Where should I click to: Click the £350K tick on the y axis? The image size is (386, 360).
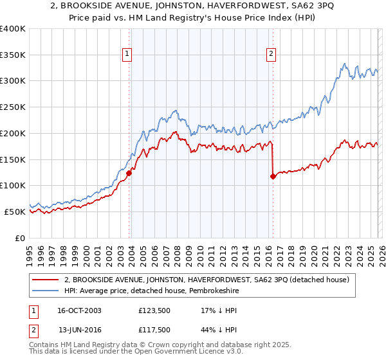(13, 55)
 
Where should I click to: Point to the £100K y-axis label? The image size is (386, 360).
(13, 186)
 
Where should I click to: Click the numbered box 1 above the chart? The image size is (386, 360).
(128, 55)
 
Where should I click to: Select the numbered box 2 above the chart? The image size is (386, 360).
(271, 55)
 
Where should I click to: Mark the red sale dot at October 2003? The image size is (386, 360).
(129, 173)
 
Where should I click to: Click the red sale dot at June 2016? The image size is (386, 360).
(273, 176)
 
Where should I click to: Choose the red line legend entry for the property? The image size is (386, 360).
(206, 280)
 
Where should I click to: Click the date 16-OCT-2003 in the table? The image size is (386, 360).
(79, 310)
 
